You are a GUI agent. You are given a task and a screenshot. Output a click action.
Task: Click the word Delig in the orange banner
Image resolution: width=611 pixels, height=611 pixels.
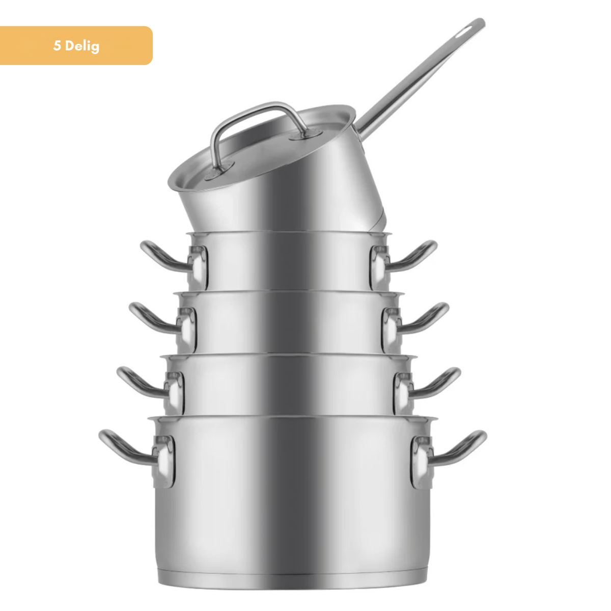[x=82, y=46]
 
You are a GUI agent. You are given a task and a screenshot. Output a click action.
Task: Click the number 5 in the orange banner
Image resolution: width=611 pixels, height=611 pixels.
[x=57, y=45]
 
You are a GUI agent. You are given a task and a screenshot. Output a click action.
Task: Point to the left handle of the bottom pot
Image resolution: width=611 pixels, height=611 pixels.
[x=127, y=448]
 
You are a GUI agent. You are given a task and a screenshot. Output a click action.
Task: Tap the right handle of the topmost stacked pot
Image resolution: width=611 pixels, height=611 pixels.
[x=412, y=259]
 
